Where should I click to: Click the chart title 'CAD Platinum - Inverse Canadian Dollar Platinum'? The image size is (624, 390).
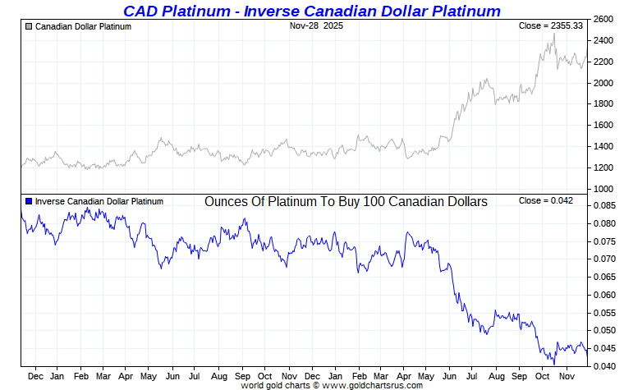click(x=311, y=11)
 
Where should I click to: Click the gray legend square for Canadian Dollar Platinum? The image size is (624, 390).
click(x=29, y=26)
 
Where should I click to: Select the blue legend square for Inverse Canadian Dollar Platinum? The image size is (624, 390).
click(x=29, y=201)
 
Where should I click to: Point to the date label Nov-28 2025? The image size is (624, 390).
click(x=316, y=26)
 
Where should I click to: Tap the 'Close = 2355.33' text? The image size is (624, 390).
click(x=551, y=26)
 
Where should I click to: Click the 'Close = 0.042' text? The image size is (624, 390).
click(x=546, y=201)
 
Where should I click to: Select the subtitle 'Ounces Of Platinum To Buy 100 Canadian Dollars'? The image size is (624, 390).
click(x=346, y=201)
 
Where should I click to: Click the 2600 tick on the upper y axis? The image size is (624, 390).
click(x=603, y=19)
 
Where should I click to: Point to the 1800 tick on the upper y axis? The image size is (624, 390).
click(x=603, y=104)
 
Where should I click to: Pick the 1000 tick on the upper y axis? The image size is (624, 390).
click(x=603, y=189)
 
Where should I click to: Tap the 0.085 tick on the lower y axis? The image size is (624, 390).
click(x=603, y=205)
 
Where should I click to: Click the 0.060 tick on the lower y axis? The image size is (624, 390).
click(x=603, y=295)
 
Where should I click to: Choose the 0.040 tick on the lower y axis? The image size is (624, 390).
click(x=603, y=366)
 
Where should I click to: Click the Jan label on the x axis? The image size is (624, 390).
click(x=57, y=376)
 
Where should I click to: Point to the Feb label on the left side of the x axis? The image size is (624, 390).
click(x=80, y=376)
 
